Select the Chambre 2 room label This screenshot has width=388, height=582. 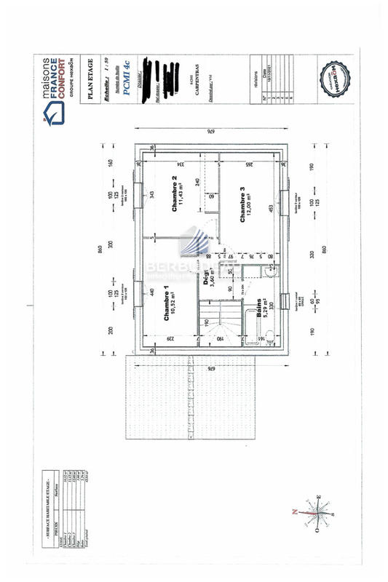point(175,195)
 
